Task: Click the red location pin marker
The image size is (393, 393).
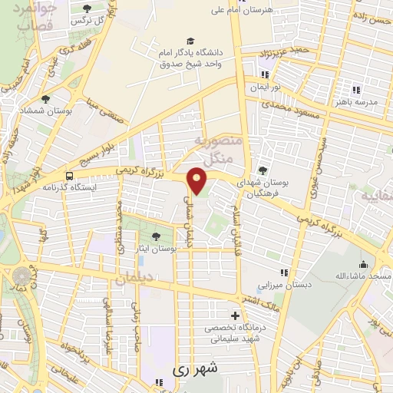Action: [x=198, y=182]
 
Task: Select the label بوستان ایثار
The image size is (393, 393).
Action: [x=158, y=249]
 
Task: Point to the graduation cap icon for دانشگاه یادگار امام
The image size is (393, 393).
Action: [x=190, y=41]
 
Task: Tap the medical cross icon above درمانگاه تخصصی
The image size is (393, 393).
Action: [x=235, y=315]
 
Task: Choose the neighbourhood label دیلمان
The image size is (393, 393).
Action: [x=136, y=280]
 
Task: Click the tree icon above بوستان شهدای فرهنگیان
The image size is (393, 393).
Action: [x=263, y=170]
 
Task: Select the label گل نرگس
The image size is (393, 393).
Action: [x=88, y=21]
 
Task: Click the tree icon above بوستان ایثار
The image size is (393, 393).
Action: [x=158, y=236]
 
